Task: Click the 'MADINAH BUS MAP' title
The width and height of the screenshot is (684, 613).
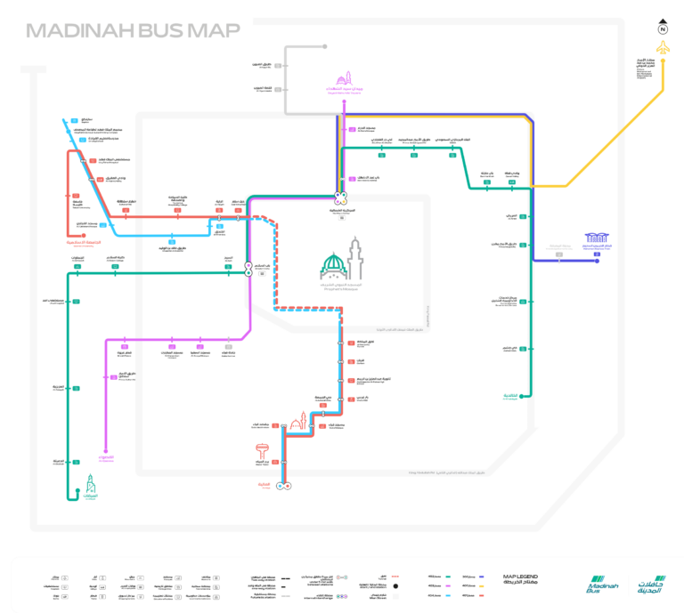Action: coord(133,31)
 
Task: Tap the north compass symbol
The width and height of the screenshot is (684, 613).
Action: coord(663,27)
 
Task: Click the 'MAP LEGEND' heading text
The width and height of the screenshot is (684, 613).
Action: coord(521,577)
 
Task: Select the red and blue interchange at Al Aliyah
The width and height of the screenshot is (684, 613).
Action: coord(284,486)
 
